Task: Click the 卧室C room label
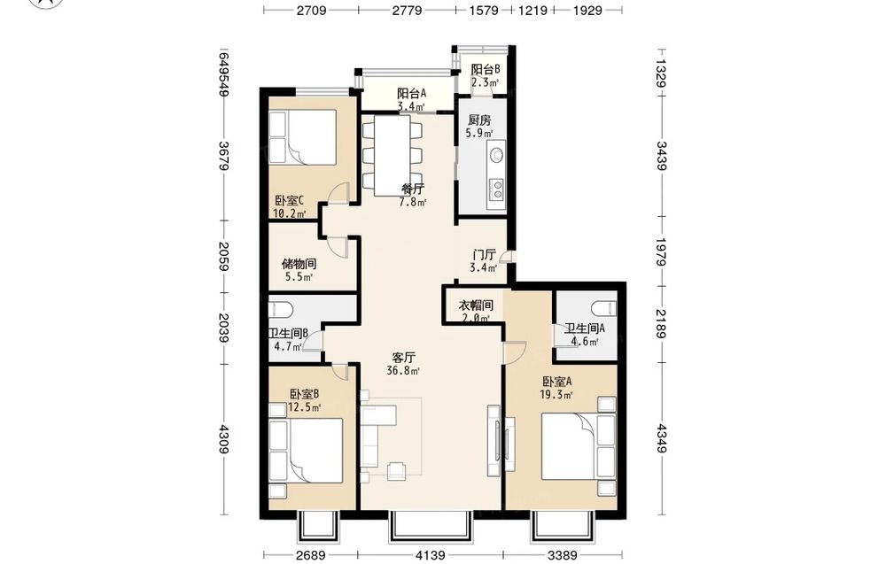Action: coord(290,200)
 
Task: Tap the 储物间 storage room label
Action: coord(299,264)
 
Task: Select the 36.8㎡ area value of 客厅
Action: coord(403,371)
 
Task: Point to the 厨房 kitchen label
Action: coord(479,120)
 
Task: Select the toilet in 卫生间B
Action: coord(280,308)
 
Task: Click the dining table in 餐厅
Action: coord(392,155)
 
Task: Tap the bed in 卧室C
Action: coord(302,138)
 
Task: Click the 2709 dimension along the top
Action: coord(311,10)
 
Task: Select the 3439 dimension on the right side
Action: coord(662,156)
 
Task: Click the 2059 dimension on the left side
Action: coord(224,256)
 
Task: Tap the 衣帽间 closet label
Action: coord(475,305)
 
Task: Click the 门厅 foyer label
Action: coord(485,255)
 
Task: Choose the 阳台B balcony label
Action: coord(486,69)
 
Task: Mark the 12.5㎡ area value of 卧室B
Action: coord(305,407)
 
